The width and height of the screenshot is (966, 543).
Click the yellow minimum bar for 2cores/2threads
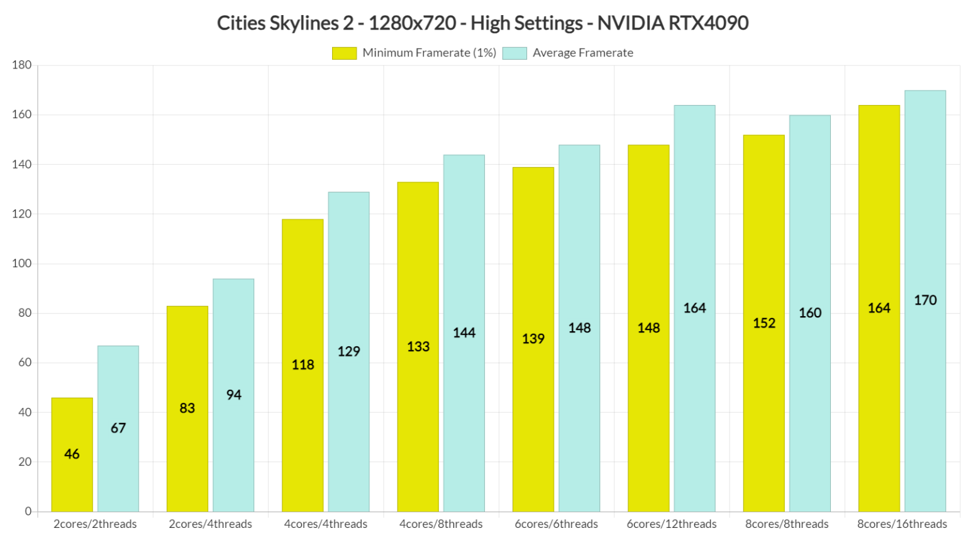[x=72, y=454]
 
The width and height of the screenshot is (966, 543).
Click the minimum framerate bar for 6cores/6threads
[x=533, y=339]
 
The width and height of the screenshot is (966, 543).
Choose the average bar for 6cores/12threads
[x=694, y=308]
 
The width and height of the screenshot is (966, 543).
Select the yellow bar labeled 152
[x=763, y=323]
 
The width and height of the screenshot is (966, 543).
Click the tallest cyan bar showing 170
[x=925, y=300]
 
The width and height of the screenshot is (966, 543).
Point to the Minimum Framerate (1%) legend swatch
[x=344, y=53]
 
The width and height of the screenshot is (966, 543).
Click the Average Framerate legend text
[x=582, y=53]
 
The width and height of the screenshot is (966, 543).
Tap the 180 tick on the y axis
[x=21, y=65]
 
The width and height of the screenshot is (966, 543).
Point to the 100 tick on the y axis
[x=21, y=263]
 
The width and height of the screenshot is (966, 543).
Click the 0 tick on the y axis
[x=28, y=512]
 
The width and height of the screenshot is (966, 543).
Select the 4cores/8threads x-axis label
[x=441, y=524]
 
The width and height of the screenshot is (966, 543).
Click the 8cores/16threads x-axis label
[x=902, y=524]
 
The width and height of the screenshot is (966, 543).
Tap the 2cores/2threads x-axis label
[x=95, y=524]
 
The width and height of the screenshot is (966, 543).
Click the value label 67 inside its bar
[x=118, y=428]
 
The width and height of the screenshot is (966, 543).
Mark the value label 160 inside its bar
[x=810, y=313]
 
